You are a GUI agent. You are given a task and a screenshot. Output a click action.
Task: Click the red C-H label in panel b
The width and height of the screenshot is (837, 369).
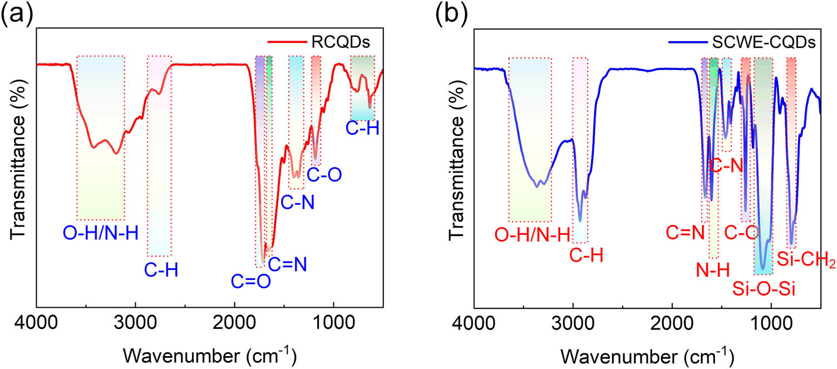coord(587,255)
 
